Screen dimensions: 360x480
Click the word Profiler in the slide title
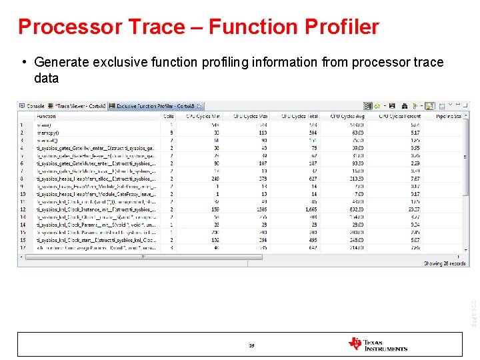click(x=341, y=27)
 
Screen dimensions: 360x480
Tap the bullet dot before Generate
click(x=23, y=63)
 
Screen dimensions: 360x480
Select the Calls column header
click(x=169, y=116)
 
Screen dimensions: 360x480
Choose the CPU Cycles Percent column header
click(x=399, y=116)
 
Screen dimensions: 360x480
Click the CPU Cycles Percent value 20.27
click(x=414, y=209)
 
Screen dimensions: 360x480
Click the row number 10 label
click(x=22, y=194)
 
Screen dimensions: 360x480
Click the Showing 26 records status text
click(x=445, y=263)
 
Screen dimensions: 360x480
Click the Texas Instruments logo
click(x=377, y=344)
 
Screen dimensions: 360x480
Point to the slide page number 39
click(x=251, y=345)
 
